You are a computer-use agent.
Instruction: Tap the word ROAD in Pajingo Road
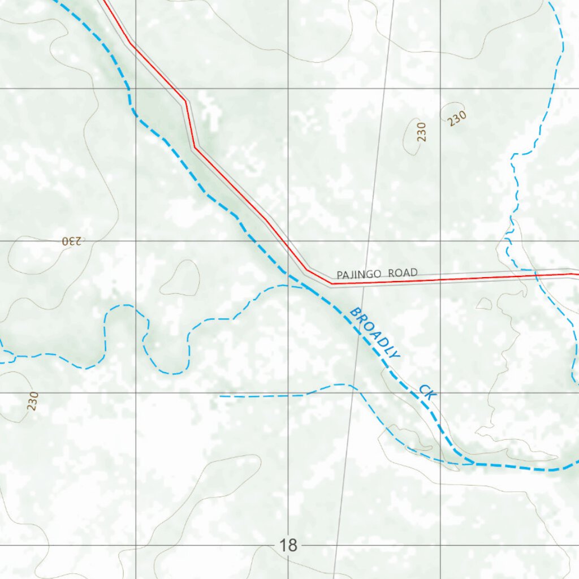point(403,273)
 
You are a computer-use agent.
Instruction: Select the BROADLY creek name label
point(374,333)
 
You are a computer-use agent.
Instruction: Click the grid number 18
point(288,546)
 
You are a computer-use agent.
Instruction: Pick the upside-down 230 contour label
point(72,241)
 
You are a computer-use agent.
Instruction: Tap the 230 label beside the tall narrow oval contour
point(422,132)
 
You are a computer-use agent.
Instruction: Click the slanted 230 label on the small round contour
point(457,118)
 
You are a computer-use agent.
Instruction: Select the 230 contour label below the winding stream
point(33,401)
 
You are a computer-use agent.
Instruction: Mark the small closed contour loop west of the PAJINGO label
point(180,278)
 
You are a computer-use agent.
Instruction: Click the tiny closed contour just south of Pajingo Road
point(484,304)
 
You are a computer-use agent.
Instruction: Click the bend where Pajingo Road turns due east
point(331,282)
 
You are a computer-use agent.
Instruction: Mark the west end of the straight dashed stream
point(221,396)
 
